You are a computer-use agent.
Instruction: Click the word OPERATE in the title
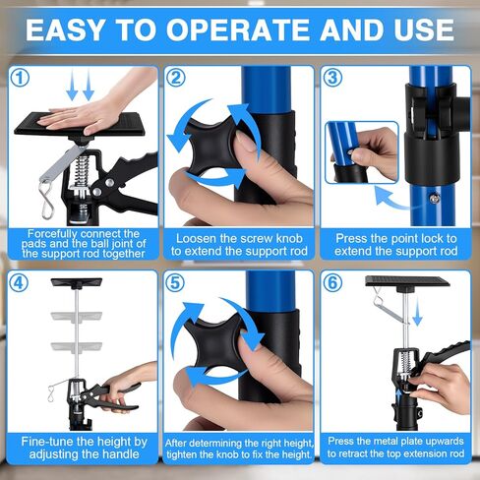237,30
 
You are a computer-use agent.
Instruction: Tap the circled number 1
20,78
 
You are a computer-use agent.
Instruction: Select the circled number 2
176,78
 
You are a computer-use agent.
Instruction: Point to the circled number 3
332,78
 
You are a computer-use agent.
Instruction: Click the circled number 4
19,282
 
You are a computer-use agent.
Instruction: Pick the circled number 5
175,282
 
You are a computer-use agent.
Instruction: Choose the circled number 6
332,282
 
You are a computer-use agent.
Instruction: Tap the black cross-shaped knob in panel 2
211,145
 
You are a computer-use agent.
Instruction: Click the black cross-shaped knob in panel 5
214,347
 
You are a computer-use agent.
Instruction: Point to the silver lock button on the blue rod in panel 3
436,198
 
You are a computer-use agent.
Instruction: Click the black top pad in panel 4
77,282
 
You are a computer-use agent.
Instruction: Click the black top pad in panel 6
407,281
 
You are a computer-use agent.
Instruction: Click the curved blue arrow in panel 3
391,198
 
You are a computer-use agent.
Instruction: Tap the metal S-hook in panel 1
46,200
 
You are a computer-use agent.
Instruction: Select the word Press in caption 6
340,442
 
